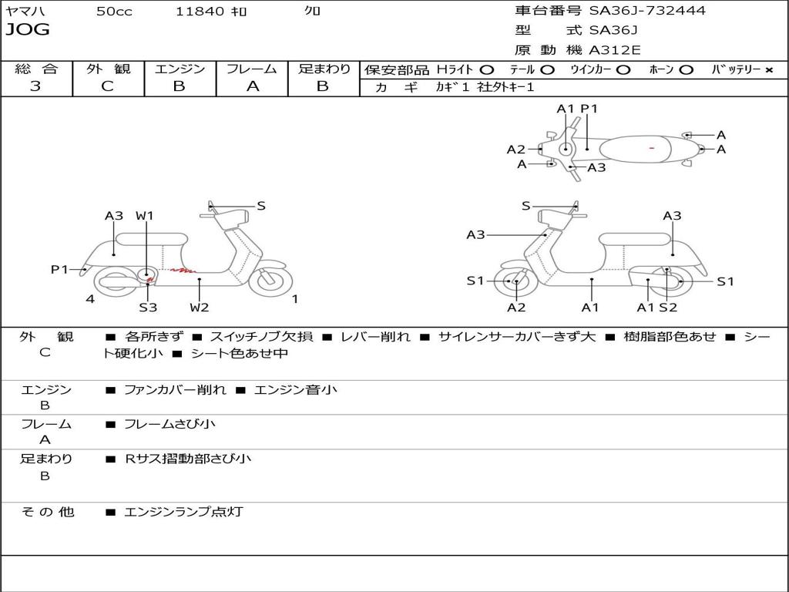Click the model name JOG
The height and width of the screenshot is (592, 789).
pyautogui.click(x=28, y=30)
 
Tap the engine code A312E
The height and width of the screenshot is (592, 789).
pyautogui.click(x=613, y=51)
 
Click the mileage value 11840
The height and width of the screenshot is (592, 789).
pyautogui.click(x=200, y=12)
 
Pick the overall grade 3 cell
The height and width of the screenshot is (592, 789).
pyautogui.click(x=35, y=86)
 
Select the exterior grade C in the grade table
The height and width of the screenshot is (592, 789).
pyautogui.click(x=107, y=86)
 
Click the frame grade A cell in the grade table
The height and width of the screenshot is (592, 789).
pyautogui.click(x=252, y=86)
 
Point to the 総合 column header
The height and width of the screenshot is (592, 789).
pyautogui.click(x=35, y=69)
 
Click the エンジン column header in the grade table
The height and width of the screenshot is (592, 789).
pyautogui.click(x=180, y=69)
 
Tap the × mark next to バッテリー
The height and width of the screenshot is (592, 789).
pyautogui.click(x=768, y=70)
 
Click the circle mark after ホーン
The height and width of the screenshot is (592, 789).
pyautogui.click(x=686, y=70)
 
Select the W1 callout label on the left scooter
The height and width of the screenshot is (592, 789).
pyautogui.click(x=145, y=216)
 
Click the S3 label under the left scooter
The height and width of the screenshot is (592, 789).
pyautogui.click(x=148, y=308)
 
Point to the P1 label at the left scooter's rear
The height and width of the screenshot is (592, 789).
pyautogui.click(x=59, y=269)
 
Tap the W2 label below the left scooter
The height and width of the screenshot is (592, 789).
pyautogui.click(x=200, y=308)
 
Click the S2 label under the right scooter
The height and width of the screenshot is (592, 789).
pyautogui.click(x=668, y=308)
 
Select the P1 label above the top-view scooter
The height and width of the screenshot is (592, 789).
pyautogui.click(x=589, y=109)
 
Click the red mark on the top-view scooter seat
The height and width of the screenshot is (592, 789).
pyautogui.click(x=652, y=147)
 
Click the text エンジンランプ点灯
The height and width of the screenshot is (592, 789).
pyautogui.click(x=183, y=512)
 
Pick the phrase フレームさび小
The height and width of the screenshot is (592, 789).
pyautogui.click(x=170, y=424)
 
